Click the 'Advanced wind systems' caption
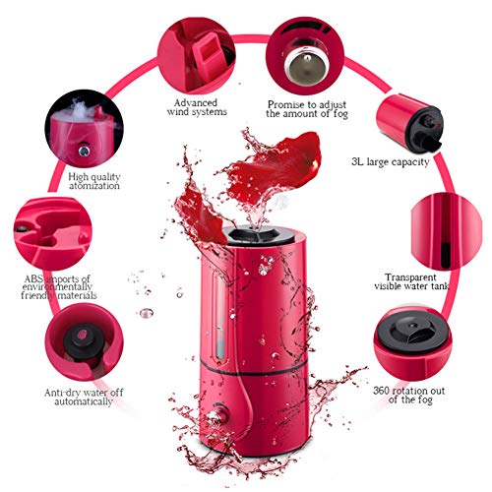(197, 107)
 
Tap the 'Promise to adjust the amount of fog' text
(307, 109)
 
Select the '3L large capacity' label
(391, 162)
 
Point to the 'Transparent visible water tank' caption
(411, 281)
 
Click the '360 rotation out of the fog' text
(409, 396)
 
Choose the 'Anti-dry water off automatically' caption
(84, 397)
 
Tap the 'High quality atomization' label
(94, 181)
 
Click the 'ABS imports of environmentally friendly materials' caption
(59, 287)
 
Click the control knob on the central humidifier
(216, 415)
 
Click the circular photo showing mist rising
(85, 129)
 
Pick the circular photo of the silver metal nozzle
(305, 56)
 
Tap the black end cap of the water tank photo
(425, 130)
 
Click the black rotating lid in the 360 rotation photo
(412, 332)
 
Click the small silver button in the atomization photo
(85, 151)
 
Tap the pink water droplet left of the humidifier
(147, 313)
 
